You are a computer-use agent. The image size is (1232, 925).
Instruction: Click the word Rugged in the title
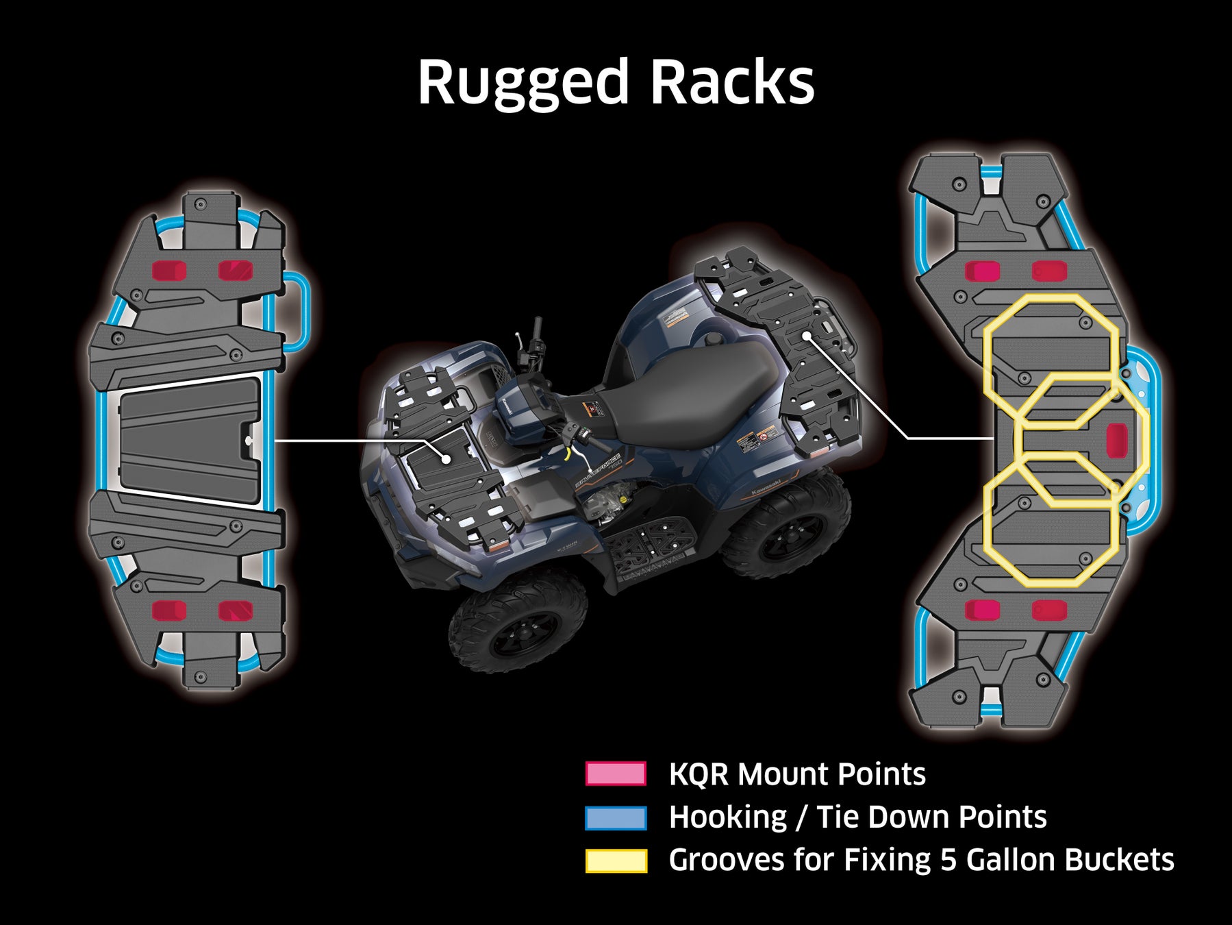(x=523, y=84)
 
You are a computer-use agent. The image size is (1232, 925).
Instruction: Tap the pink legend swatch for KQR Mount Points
(x=616, y=774)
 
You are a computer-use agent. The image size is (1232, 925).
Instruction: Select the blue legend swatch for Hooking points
(x=616, y=817)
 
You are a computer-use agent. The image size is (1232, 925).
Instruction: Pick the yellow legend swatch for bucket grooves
(x=616, y=861)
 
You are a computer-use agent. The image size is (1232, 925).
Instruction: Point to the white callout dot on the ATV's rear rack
(x=808, y=336)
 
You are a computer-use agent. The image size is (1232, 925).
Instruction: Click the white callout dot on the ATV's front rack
(x=446, y=457)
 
